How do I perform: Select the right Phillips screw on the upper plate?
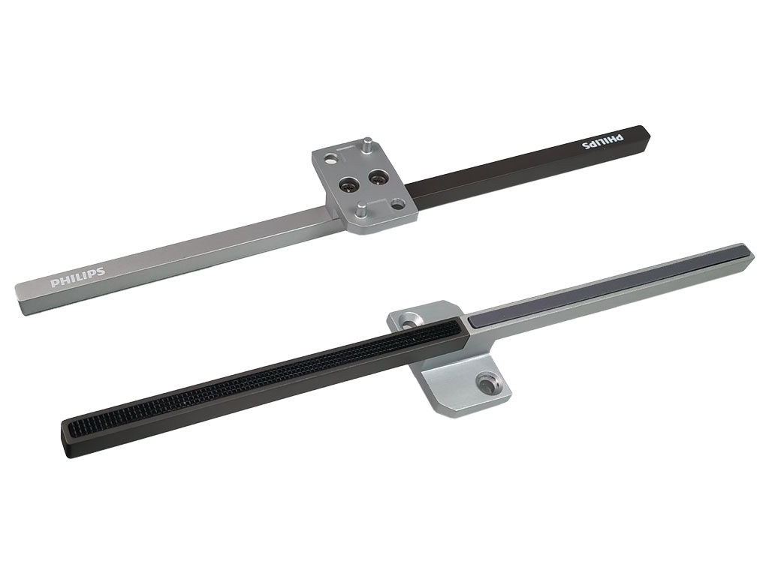378,178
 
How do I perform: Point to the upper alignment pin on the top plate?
367,145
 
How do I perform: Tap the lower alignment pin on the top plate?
361,210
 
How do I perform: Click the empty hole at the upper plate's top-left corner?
333,160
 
